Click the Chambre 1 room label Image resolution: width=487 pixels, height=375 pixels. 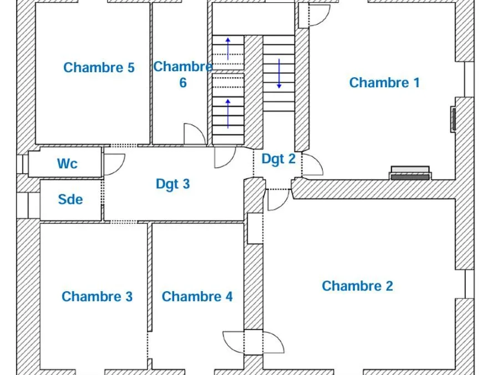pyautogui.click(x=384, y=83)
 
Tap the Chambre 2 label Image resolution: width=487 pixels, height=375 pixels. pyautogui.click(x=357, y=286)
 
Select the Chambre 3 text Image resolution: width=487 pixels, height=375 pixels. pyautogui.click(x=97, y=297)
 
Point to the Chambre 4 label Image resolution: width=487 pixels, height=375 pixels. pyautogui.click(x=197, y=297)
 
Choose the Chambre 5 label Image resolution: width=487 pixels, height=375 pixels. pyautogui.click(x=99, y=68)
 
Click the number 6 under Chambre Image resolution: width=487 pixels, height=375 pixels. pyautogui.click(x=183, y=83)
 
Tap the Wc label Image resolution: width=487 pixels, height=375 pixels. pyautogui.click(x=67, y=164)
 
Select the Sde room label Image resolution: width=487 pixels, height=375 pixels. pyautogui.click(x=70, y=199)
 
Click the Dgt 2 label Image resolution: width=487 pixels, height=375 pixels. pyautogui.click(x=278, y=159)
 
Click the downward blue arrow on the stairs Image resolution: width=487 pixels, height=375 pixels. pyautogui.click(x=279, y=73)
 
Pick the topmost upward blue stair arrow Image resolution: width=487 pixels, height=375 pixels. pyautogui.click(x=228, y=48)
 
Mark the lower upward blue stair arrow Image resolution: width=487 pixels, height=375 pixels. pyautogui.click(x=228, y=113)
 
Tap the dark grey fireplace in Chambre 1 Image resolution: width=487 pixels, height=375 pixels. pyautogui.click(x=410, y=177)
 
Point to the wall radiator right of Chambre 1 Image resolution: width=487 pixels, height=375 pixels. pyautogui.click(x=454, y=119)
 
